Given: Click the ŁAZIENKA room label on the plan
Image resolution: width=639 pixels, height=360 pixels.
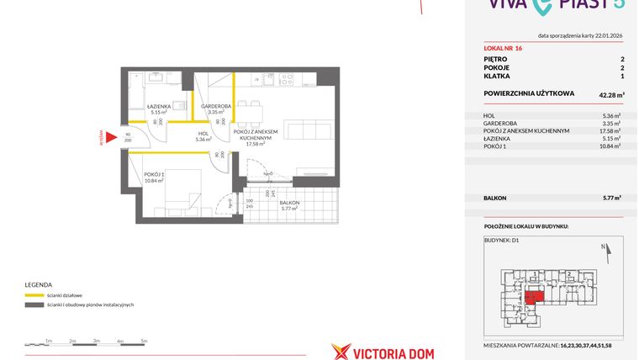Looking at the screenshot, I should tap(159, 106).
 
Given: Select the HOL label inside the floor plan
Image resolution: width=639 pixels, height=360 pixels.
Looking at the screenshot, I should tap(203, 133).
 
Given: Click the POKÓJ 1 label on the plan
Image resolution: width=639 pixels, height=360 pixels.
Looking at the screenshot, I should tap(154, 176).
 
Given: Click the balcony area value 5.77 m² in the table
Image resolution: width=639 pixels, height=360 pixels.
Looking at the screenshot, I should tap(611, 198).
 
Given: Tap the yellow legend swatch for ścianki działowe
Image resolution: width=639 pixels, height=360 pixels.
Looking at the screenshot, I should tap(35, 295).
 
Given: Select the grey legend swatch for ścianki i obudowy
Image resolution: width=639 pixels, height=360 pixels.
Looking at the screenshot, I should tap(35, 304).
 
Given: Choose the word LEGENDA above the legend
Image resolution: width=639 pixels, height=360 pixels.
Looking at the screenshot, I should tap(39, 284).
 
